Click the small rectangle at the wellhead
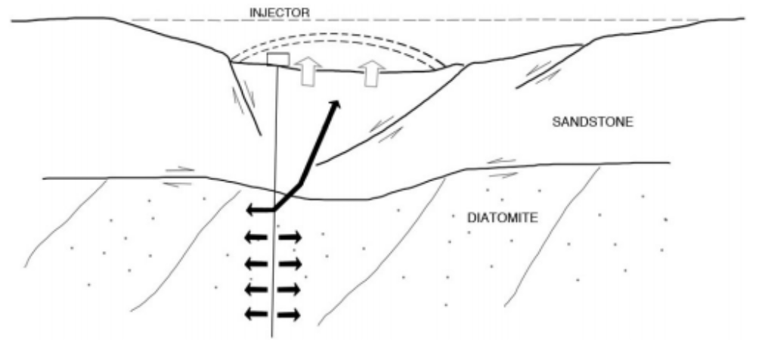point(278,60)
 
